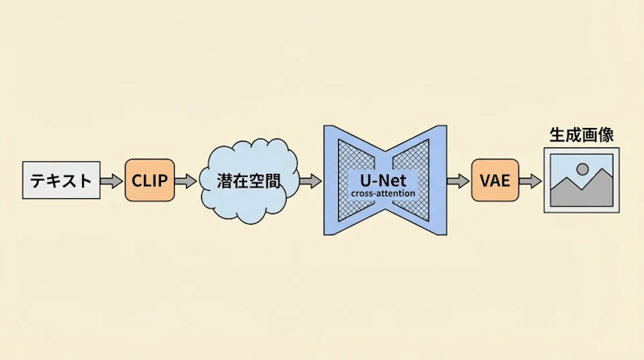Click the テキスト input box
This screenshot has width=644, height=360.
pyautogui.click(x=61, y=180)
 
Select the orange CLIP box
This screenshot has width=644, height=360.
pyautogui.click(x=150, y=180)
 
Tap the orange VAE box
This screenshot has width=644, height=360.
pyautogui.click(x=495, y=180)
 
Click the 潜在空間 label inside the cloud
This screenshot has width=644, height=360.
pyautogui.click(x=249, y=181)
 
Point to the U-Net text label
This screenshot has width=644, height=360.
pyautogui.click(x=383, y=180)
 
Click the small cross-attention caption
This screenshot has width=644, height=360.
pyautogui.click(x=383, y=193)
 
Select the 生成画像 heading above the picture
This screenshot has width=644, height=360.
pyautogui.click(x=581, y=134)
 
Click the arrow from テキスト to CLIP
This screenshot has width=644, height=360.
pyautogui.click(x=112, y=181)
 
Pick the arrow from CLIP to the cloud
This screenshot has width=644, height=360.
pyautogui.click(x=186, y=181)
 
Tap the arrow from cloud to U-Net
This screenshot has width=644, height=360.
pyautogui.click(x=311, y=181)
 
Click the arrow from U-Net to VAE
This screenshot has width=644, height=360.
pyautogui.click(x=458, y=181)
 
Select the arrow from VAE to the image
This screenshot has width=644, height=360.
pyautogui.click(x=530, y=181)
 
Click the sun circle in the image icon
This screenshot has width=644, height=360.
pyautogui.click(x=582, y=169)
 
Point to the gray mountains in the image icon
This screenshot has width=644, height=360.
pyautogui.click(x=581, y=190)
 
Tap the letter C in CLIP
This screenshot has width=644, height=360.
pyautogui.click(x=137, y=181)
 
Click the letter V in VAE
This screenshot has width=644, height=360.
pyautogui.click(x=485, y=181)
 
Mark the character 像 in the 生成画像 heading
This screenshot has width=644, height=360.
pyautogui.click(x=606, y=134)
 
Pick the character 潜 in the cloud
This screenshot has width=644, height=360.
pyautogui.click(x=225, y=181)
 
